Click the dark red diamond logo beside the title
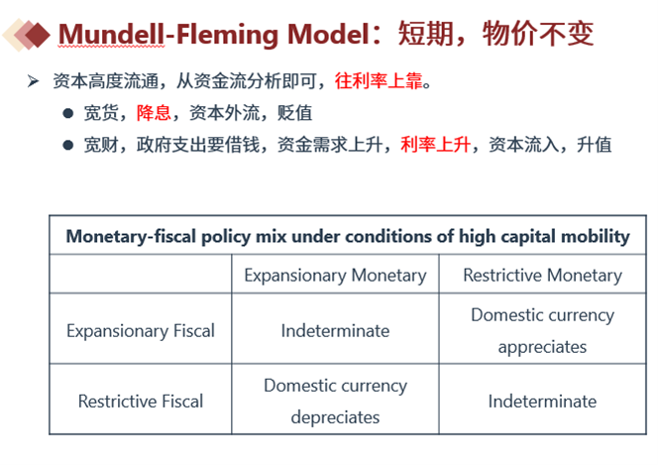click(37, 34)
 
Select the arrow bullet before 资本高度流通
click(33, 80)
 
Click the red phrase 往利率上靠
click(379, 81)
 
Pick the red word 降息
click(154, 113)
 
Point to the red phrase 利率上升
click(435, 145)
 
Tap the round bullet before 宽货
click(68, 113)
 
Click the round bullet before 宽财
click(68, 145)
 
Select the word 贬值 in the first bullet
click(294, 113)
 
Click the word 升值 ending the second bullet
click(594, 145)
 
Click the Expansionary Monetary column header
click(335, 276)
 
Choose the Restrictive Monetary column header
click(543, 276)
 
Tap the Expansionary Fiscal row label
click(141, 331)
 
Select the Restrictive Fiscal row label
click(141, 402)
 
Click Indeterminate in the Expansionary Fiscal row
click(335, 331)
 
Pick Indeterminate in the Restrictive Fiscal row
click(542, 402)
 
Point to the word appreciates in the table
click(542, 347)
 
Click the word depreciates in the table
click(335, 418)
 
